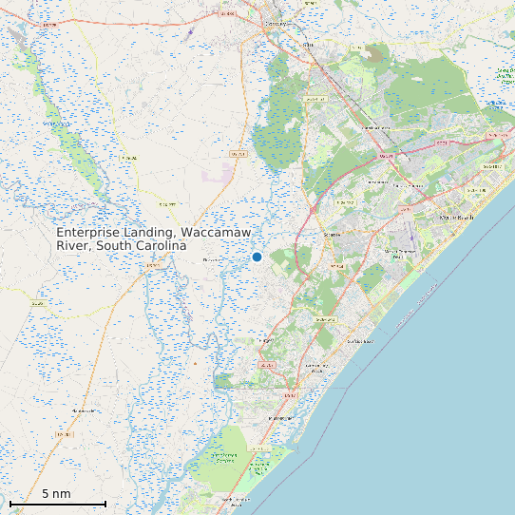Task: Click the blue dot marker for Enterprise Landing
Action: [257, 257]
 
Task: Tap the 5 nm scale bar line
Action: [57, 503]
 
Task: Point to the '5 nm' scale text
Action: [56, 493]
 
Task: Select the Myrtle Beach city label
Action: [455, 218]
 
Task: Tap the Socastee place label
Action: [333, 233]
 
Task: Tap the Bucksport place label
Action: [210, 259]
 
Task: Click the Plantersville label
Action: [86, 410]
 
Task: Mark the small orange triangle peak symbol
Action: [195, 363]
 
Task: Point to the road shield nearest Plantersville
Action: [65, 433]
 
